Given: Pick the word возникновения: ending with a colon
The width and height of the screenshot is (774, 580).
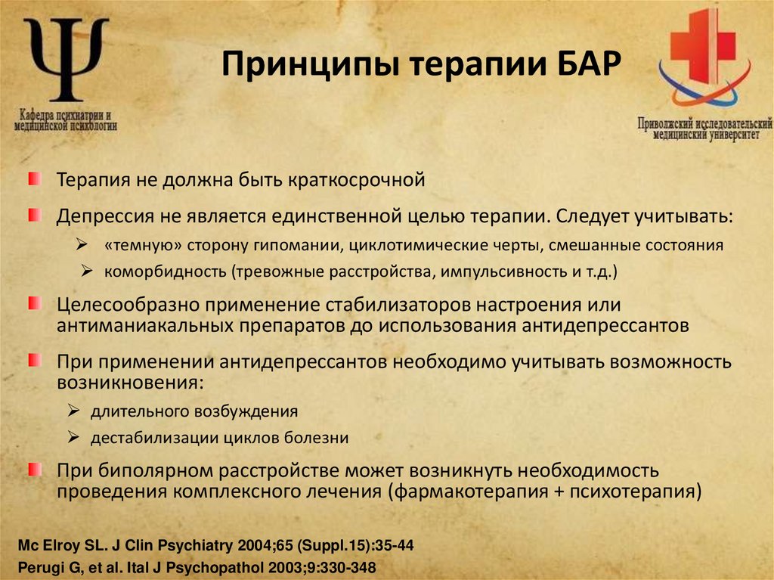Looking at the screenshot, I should pos(130,381).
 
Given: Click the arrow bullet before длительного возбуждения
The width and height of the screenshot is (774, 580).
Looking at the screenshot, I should pos(73,411).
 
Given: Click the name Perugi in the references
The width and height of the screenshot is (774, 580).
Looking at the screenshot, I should pos(39,566).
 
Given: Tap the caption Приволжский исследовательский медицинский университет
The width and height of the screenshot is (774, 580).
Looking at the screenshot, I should pos(704,129).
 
